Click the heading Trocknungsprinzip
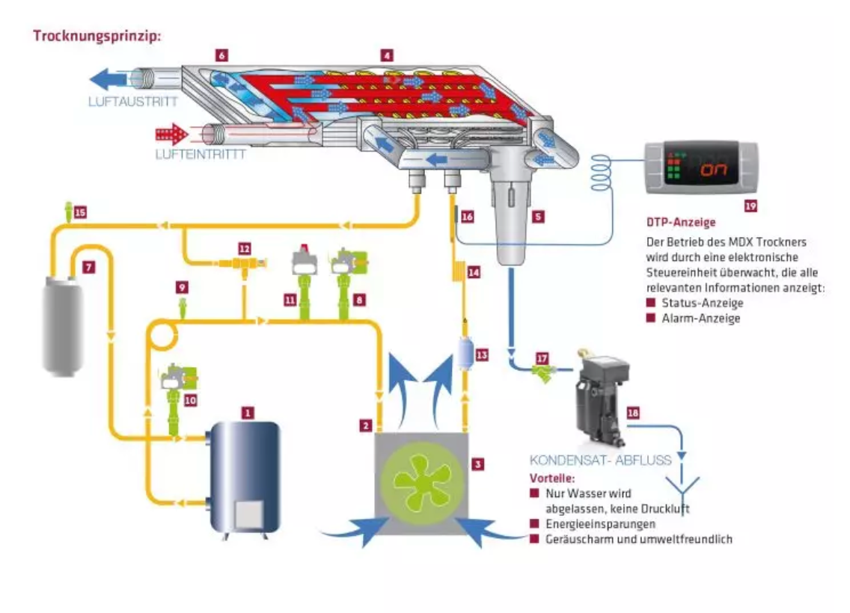(x=97, y=37)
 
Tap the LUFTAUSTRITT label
(x=133, y=101)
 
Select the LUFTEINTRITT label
(x=201, y=154)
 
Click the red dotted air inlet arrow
(x=171, y=134)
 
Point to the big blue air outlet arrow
(x=108, y=79)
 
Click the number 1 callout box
(x=248, y=413)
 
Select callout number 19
(x=750, y=206)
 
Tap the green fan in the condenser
(x=421, y=484)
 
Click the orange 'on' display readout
(x=713, y=170)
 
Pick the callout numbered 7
(x=88, y=267)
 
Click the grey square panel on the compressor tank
(x=249, y=514)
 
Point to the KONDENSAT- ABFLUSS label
(x=600, y=460)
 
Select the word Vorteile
(x=552, y=478)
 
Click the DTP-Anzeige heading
(x=681, y=222)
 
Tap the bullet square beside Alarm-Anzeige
(x=651, y=318)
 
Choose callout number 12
(x=245, y=248)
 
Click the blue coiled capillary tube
(x=601, y=172)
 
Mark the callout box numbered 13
(x=481, y=354)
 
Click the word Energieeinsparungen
(x=600, y=523)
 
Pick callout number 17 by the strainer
(x=542, y=358)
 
